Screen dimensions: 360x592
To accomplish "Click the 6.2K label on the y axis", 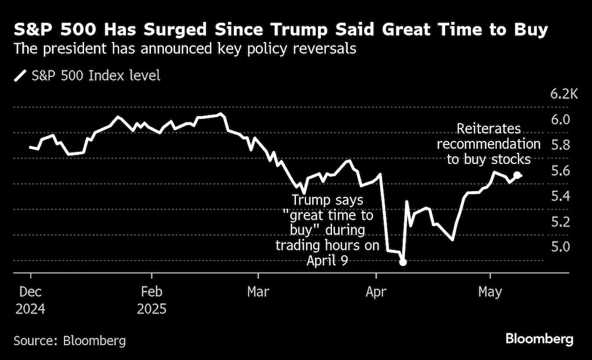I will (x=563, y=94).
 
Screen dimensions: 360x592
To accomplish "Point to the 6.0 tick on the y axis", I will (x=560, y=120).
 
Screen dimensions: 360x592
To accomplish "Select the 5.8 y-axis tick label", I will (x=560, y=145).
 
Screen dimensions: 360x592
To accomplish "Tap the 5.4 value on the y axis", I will (x=560, y=196).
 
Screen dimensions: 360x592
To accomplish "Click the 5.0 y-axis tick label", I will (x=560, y=247).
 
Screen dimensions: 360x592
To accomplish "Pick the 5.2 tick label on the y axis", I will (x=560, y=222).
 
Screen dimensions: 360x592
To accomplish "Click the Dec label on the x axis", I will (x=30, y=292).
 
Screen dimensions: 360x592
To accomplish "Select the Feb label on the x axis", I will (x=152, y=292).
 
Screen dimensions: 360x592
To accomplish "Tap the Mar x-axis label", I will (x=258, y=292).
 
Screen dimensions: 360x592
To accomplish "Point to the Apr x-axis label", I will (x=376, y=292).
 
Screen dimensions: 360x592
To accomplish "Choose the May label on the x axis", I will (x=490, y=292).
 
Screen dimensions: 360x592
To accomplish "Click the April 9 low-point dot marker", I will (x=403, y=262).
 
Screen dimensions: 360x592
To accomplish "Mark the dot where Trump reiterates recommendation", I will (x=517, y=175).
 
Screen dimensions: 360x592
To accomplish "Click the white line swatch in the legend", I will (x=20, y=76).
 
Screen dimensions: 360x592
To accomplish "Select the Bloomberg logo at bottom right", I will (x=539, y=339).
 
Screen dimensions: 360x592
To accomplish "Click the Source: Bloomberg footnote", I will (x=69, y=340).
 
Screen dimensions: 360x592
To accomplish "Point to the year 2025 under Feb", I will (x=152, y=308).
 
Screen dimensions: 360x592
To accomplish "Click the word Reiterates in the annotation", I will (x=488, y=129).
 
